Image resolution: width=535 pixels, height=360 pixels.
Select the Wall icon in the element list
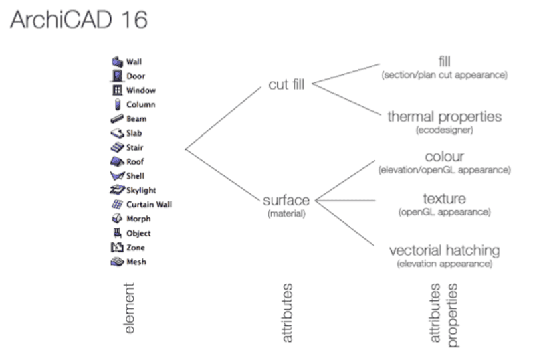(117, 62)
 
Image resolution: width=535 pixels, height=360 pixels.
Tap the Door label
(136, 76)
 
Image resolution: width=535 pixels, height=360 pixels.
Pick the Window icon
(117, 90)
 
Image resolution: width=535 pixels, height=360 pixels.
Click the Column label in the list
(140, 104)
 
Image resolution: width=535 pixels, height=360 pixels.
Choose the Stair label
(134, 147)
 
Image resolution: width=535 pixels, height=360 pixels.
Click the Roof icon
(117, 161)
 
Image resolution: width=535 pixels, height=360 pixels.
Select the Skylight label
(141, 190)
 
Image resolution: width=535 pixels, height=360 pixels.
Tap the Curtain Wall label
(148, 204)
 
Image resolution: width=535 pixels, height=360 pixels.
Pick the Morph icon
(117, 219)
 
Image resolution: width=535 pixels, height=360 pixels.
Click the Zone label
(136, 248)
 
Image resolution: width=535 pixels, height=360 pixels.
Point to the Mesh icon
(117, 262)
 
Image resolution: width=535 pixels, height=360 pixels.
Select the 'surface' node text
(286, 200)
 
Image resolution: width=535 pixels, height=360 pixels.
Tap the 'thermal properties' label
(444, 117)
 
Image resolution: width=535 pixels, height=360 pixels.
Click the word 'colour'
(444, 157)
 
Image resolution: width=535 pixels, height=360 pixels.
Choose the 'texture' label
(444, 199)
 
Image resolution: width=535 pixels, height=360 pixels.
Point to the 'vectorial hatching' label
(444, 250)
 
